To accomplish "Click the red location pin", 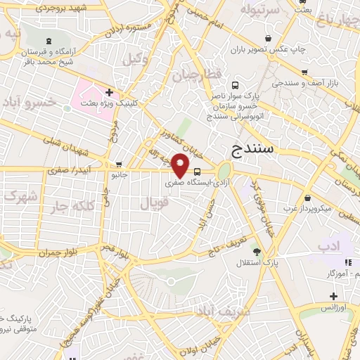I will [181, 167].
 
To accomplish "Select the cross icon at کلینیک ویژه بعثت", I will [110, 91].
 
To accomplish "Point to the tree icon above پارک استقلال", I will [256, 252].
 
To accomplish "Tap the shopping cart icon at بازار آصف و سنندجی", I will [304, 72].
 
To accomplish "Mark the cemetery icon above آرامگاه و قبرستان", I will [48, 41].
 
